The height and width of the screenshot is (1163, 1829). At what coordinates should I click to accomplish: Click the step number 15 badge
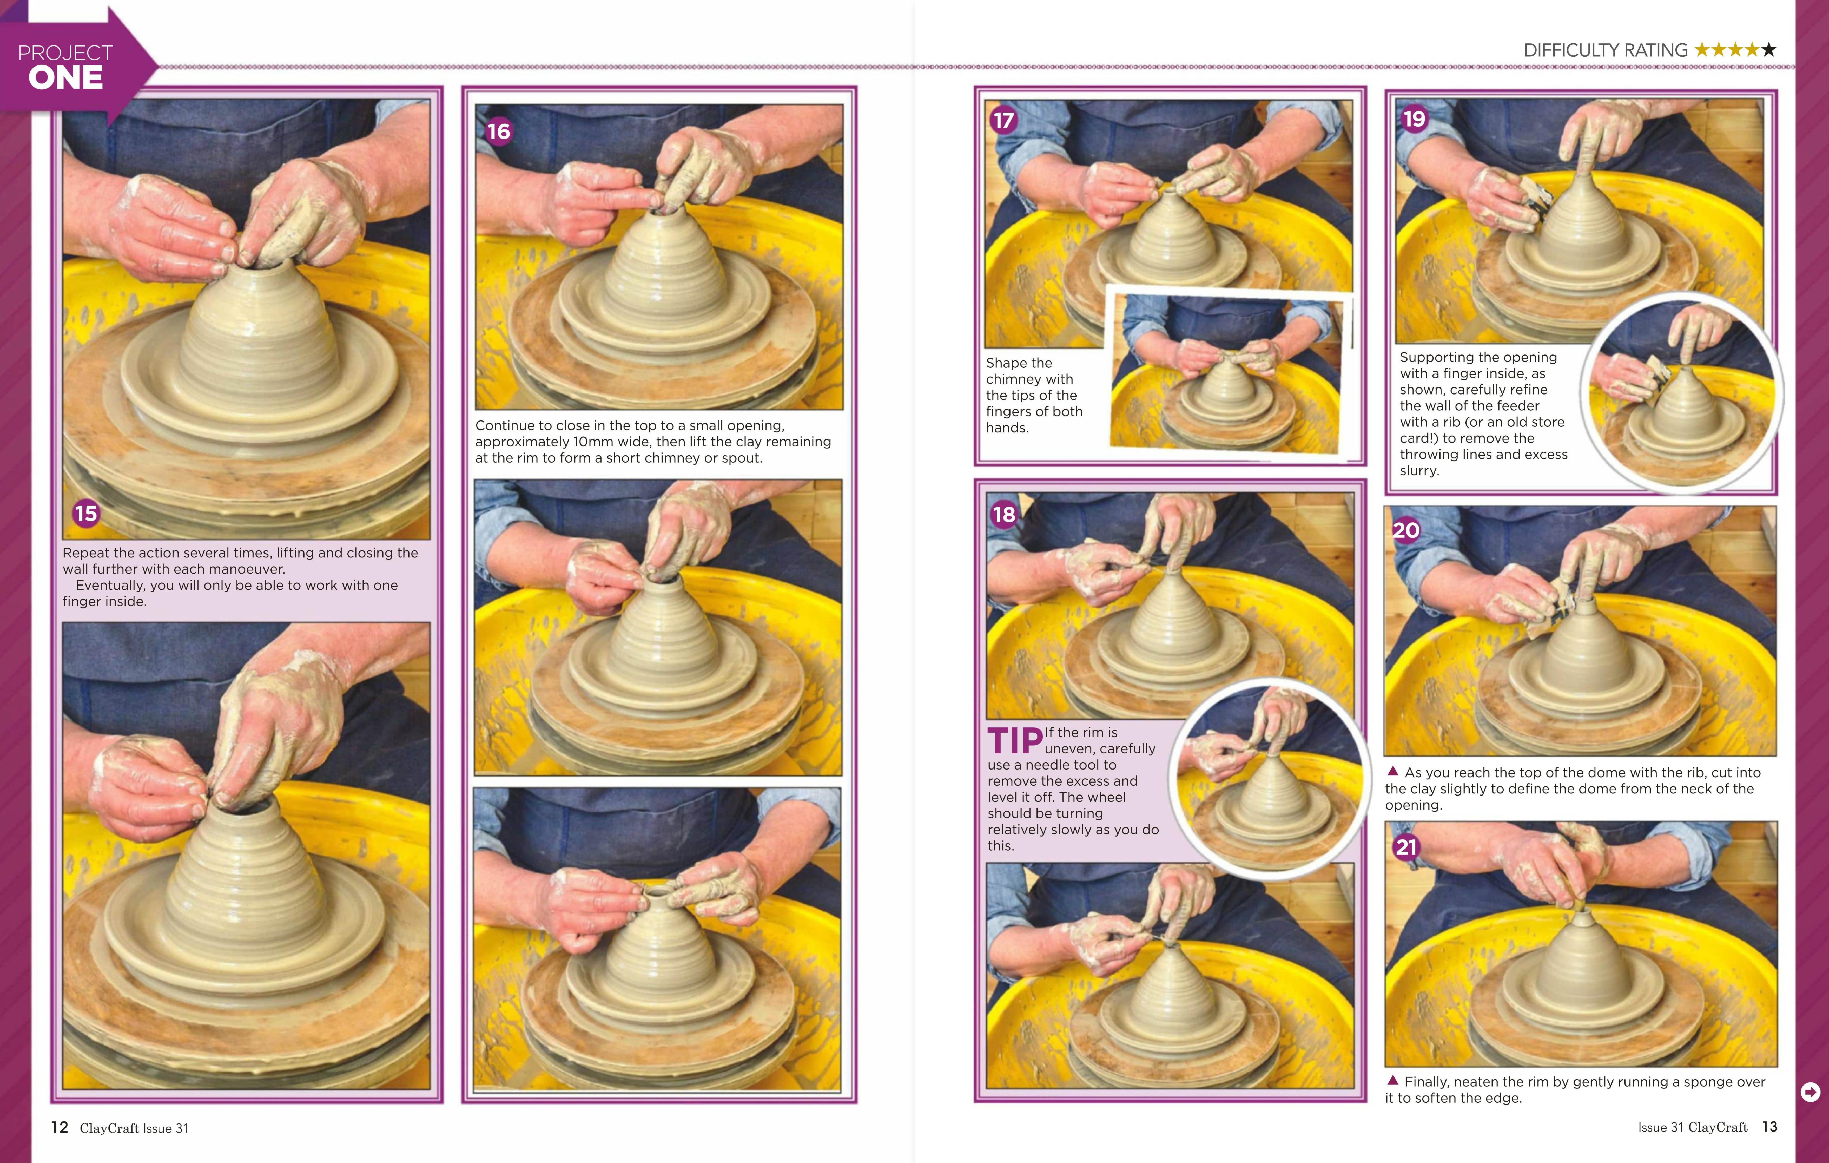coord(86,514)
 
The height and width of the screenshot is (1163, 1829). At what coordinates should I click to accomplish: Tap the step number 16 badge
coord(498,131)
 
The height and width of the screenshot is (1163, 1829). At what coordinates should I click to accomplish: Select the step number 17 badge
coord(1003,120)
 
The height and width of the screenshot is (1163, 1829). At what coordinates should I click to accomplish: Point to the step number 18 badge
coord(1003,514)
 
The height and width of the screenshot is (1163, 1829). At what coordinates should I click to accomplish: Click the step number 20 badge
coord(1406,530)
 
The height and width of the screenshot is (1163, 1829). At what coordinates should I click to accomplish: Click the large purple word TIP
coord(1015,741)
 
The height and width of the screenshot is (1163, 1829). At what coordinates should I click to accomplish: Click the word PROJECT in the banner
coord(65,52)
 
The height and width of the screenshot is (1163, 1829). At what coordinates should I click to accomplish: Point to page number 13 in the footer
coord(1770,1127)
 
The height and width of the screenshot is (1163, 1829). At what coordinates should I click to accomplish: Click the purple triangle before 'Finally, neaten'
coord(1393,1080)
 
